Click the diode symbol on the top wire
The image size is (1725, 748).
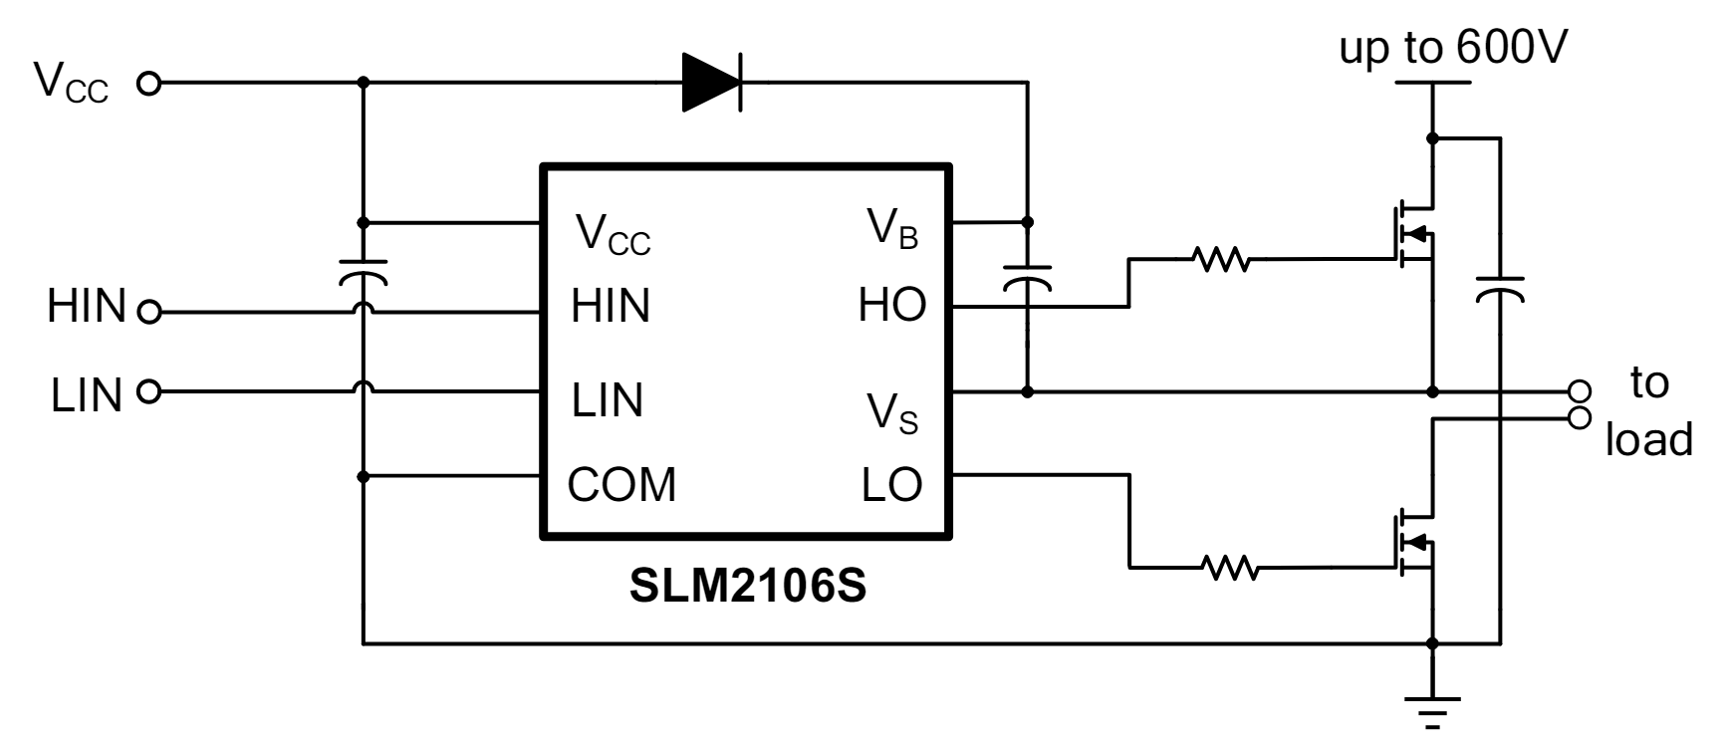tap(711, 82)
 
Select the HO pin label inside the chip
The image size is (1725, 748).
tap(891, 306)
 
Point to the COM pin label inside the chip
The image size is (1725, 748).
tap(621, 485)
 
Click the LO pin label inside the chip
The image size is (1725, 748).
tap(891, 485)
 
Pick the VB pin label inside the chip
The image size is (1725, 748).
tap(892, 230)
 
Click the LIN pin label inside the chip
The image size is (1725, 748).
tap(608, 399)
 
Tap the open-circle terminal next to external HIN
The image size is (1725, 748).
tap(148, 313)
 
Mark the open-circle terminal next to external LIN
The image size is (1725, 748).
tap(148, 391)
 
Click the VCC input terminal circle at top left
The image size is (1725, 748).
tap(148, 84)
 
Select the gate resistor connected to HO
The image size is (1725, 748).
tap(1221, 260)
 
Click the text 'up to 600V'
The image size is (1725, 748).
tap(1452, 47)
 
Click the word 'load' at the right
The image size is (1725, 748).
tap(1648, 439)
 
